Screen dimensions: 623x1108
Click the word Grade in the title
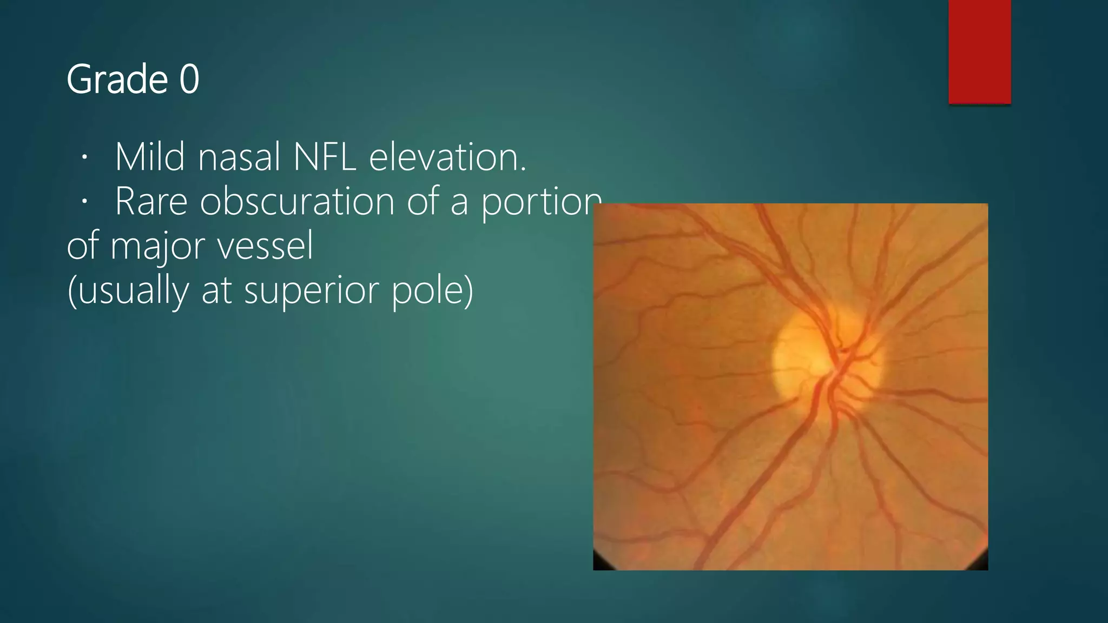tap(117, 80)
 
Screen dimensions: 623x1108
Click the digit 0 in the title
tap(189, 80)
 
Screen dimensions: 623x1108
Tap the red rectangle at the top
tap(979, 51)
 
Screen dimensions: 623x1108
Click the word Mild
tap(150, 157)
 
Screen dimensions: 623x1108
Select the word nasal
tap(239, 157)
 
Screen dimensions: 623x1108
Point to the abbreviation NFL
tap(324, 157)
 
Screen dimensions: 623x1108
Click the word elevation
tap(447, 157)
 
